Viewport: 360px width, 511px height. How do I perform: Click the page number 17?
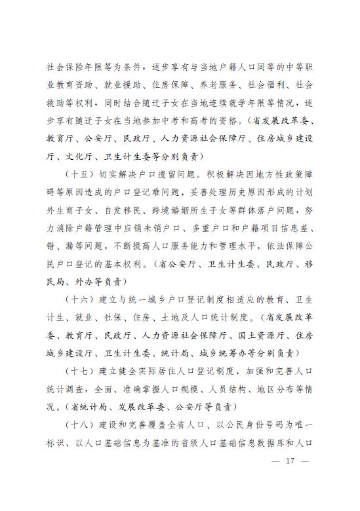[x=289, y=462]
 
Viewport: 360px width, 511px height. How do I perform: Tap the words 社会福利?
[x=255, y=86]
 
